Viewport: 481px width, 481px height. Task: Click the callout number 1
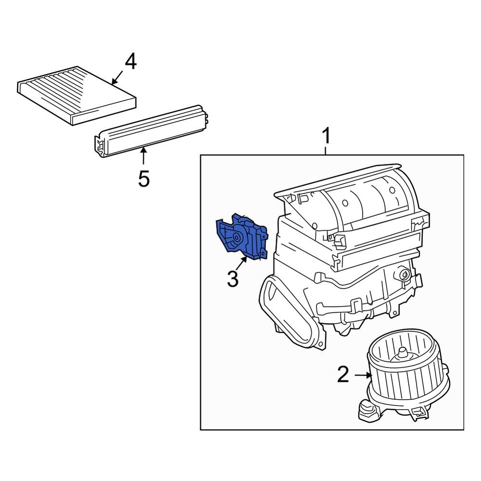tap(326, 136)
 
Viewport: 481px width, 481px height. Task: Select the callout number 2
tap(342, 375)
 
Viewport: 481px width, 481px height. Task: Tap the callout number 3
tap(232, 278)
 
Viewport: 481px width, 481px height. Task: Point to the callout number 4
tap(130, 63)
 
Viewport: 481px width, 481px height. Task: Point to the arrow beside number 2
tap(362, 375)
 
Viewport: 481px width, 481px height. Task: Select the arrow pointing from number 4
tap(117, 77)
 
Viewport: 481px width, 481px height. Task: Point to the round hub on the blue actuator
tap(237, 238)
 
